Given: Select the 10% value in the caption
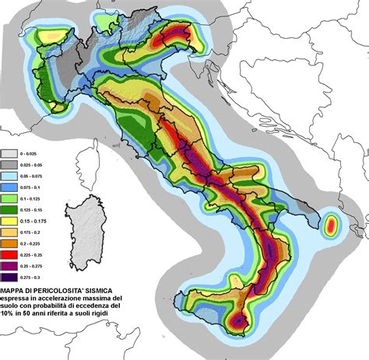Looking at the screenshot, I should click(x=10, y=318).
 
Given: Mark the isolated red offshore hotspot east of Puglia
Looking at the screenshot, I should click(x=332, y=226).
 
